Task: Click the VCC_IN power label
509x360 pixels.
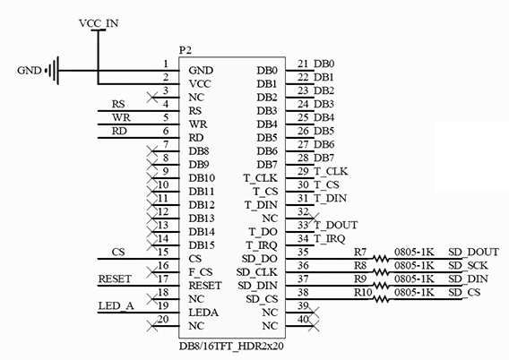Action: tap(99, 23)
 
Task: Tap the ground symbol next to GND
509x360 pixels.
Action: tap(54, 71)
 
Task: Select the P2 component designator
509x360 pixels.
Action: tap(185, 50)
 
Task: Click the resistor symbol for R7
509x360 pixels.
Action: tap(381, 259)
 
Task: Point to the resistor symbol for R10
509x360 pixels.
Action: tap(381, 299)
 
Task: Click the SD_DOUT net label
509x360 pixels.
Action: tap(474, 252)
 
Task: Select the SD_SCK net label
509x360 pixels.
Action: tap(468, 266)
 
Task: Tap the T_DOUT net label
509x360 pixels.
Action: tap(336, 225)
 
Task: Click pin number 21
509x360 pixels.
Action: tap(303, 64)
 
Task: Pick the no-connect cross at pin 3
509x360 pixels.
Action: tap(152, 98)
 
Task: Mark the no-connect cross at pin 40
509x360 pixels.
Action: tap(314, 326)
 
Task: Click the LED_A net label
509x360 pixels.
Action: tap(116, 306)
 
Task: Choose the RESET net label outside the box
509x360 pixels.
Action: tap(115, 279)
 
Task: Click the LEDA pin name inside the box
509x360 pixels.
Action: tap(203, 313)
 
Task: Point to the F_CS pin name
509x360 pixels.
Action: tap(201, 272)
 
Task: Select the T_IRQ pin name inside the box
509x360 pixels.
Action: tap(262, 245)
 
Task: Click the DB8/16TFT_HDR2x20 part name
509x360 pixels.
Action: tap(231, 347)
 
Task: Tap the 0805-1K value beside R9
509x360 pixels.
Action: tap(414, 279)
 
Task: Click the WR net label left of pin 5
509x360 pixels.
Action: tap(121, 117)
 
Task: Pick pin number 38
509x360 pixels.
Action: tap(303, 293)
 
